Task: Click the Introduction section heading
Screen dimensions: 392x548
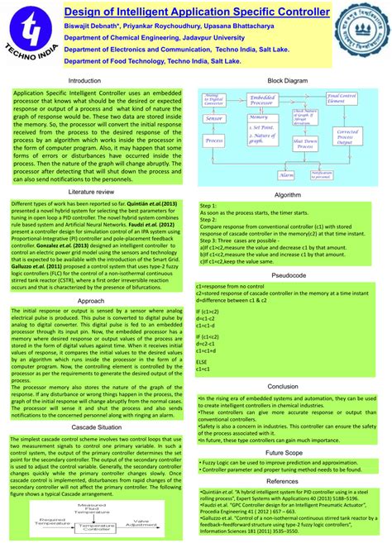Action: point(84,80)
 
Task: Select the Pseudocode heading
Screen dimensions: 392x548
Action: point(289,273)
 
